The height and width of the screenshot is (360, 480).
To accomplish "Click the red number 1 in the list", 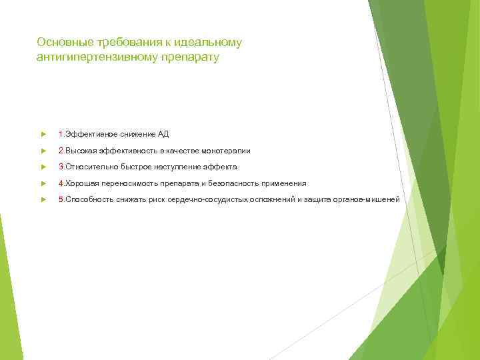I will coord(61,134).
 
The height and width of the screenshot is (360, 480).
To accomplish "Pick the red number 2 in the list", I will coord(61,151).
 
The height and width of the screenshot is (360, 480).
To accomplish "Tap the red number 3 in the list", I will coord(61,167).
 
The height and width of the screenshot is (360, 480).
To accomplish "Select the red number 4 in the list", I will coord(61,183).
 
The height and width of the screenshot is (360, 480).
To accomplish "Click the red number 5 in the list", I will coord(61,199).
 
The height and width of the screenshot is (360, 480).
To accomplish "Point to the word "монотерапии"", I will coord(227,151).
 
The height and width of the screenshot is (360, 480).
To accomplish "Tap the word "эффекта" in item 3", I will coord(223,167).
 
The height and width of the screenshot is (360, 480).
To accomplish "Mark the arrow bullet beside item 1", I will coord(43,134).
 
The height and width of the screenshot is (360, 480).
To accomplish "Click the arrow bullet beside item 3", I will coord(43,167).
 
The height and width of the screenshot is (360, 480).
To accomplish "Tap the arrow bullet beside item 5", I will coord(43,199).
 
